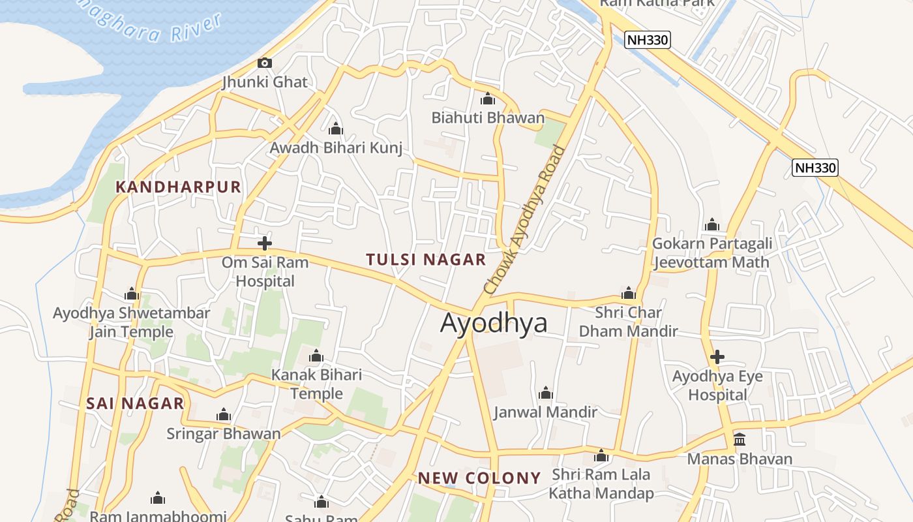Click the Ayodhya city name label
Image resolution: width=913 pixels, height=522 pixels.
click(494, 323)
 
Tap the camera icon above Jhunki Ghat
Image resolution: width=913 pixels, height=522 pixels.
click(264, 63)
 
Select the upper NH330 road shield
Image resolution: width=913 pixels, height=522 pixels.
click(647, 40)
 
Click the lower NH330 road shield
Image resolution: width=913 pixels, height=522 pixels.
click(815, 168)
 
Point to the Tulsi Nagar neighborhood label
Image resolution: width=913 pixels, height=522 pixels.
click(426, 260)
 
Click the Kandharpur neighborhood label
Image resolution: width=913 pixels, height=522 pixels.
click(178, 187)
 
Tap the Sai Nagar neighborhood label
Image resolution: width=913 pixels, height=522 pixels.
click(135, 403)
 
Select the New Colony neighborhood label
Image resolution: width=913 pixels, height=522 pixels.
click(479, 478)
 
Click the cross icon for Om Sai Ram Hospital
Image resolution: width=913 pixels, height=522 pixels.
click(264, 243)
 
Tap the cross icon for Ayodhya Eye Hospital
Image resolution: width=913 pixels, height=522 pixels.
click(717, 357)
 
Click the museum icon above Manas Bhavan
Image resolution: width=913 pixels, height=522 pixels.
click(740, 439)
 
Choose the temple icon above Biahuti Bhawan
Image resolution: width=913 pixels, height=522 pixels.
click(487, 99)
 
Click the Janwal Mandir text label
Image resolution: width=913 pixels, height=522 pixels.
click(545, 412)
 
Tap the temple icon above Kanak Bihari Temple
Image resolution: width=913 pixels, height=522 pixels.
click(316, 356)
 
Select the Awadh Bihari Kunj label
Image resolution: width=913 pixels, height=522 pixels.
click(336, 148)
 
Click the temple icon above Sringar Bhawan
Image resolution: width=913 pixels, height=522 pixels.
click(224, 415)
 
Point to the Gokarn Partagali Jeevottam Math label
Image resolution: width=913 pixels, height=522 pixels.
click(712, 253)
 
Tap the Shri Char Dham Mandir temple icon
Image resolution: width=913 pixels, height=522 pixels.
click(629, 293)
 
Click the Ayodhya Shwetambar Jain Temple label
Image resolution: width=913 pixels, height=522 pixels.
click(131, 322)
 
